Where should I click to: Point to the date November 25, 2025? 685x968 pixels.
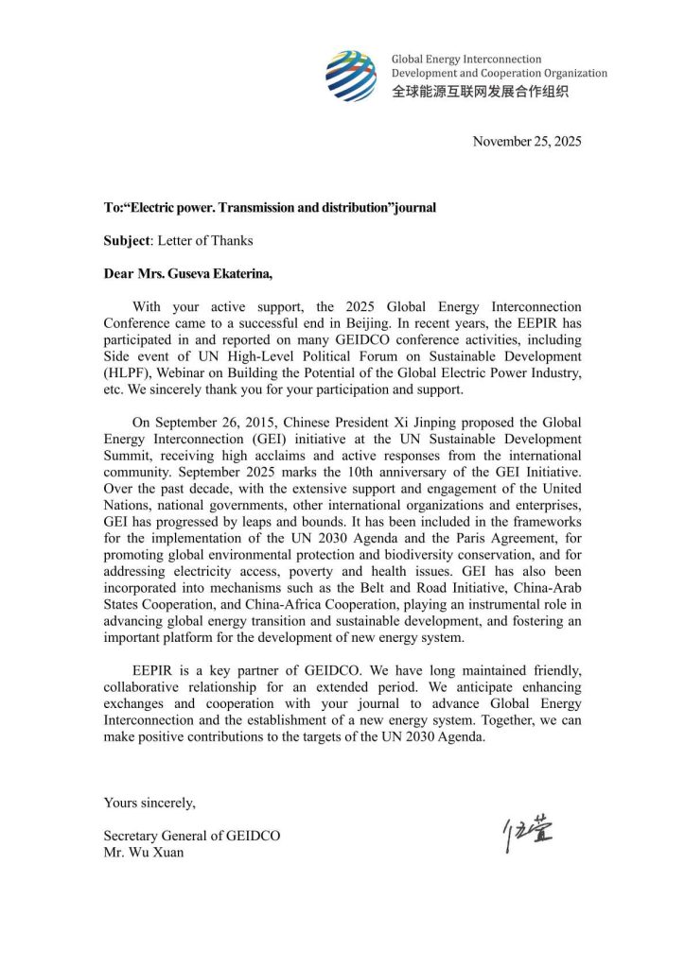coord(527,142)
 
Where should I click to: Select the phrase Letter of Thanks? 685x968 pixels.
coord(204,240)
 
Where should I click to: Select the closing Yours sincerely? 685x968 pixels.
coord(150,803)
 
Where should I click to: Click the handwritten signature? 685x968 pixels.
coord(528,833)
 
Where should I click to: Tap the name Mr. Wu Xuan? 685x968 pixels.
coord(143,852)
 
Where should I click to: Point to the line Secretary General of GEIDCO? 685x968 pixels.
coord(192,836)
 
